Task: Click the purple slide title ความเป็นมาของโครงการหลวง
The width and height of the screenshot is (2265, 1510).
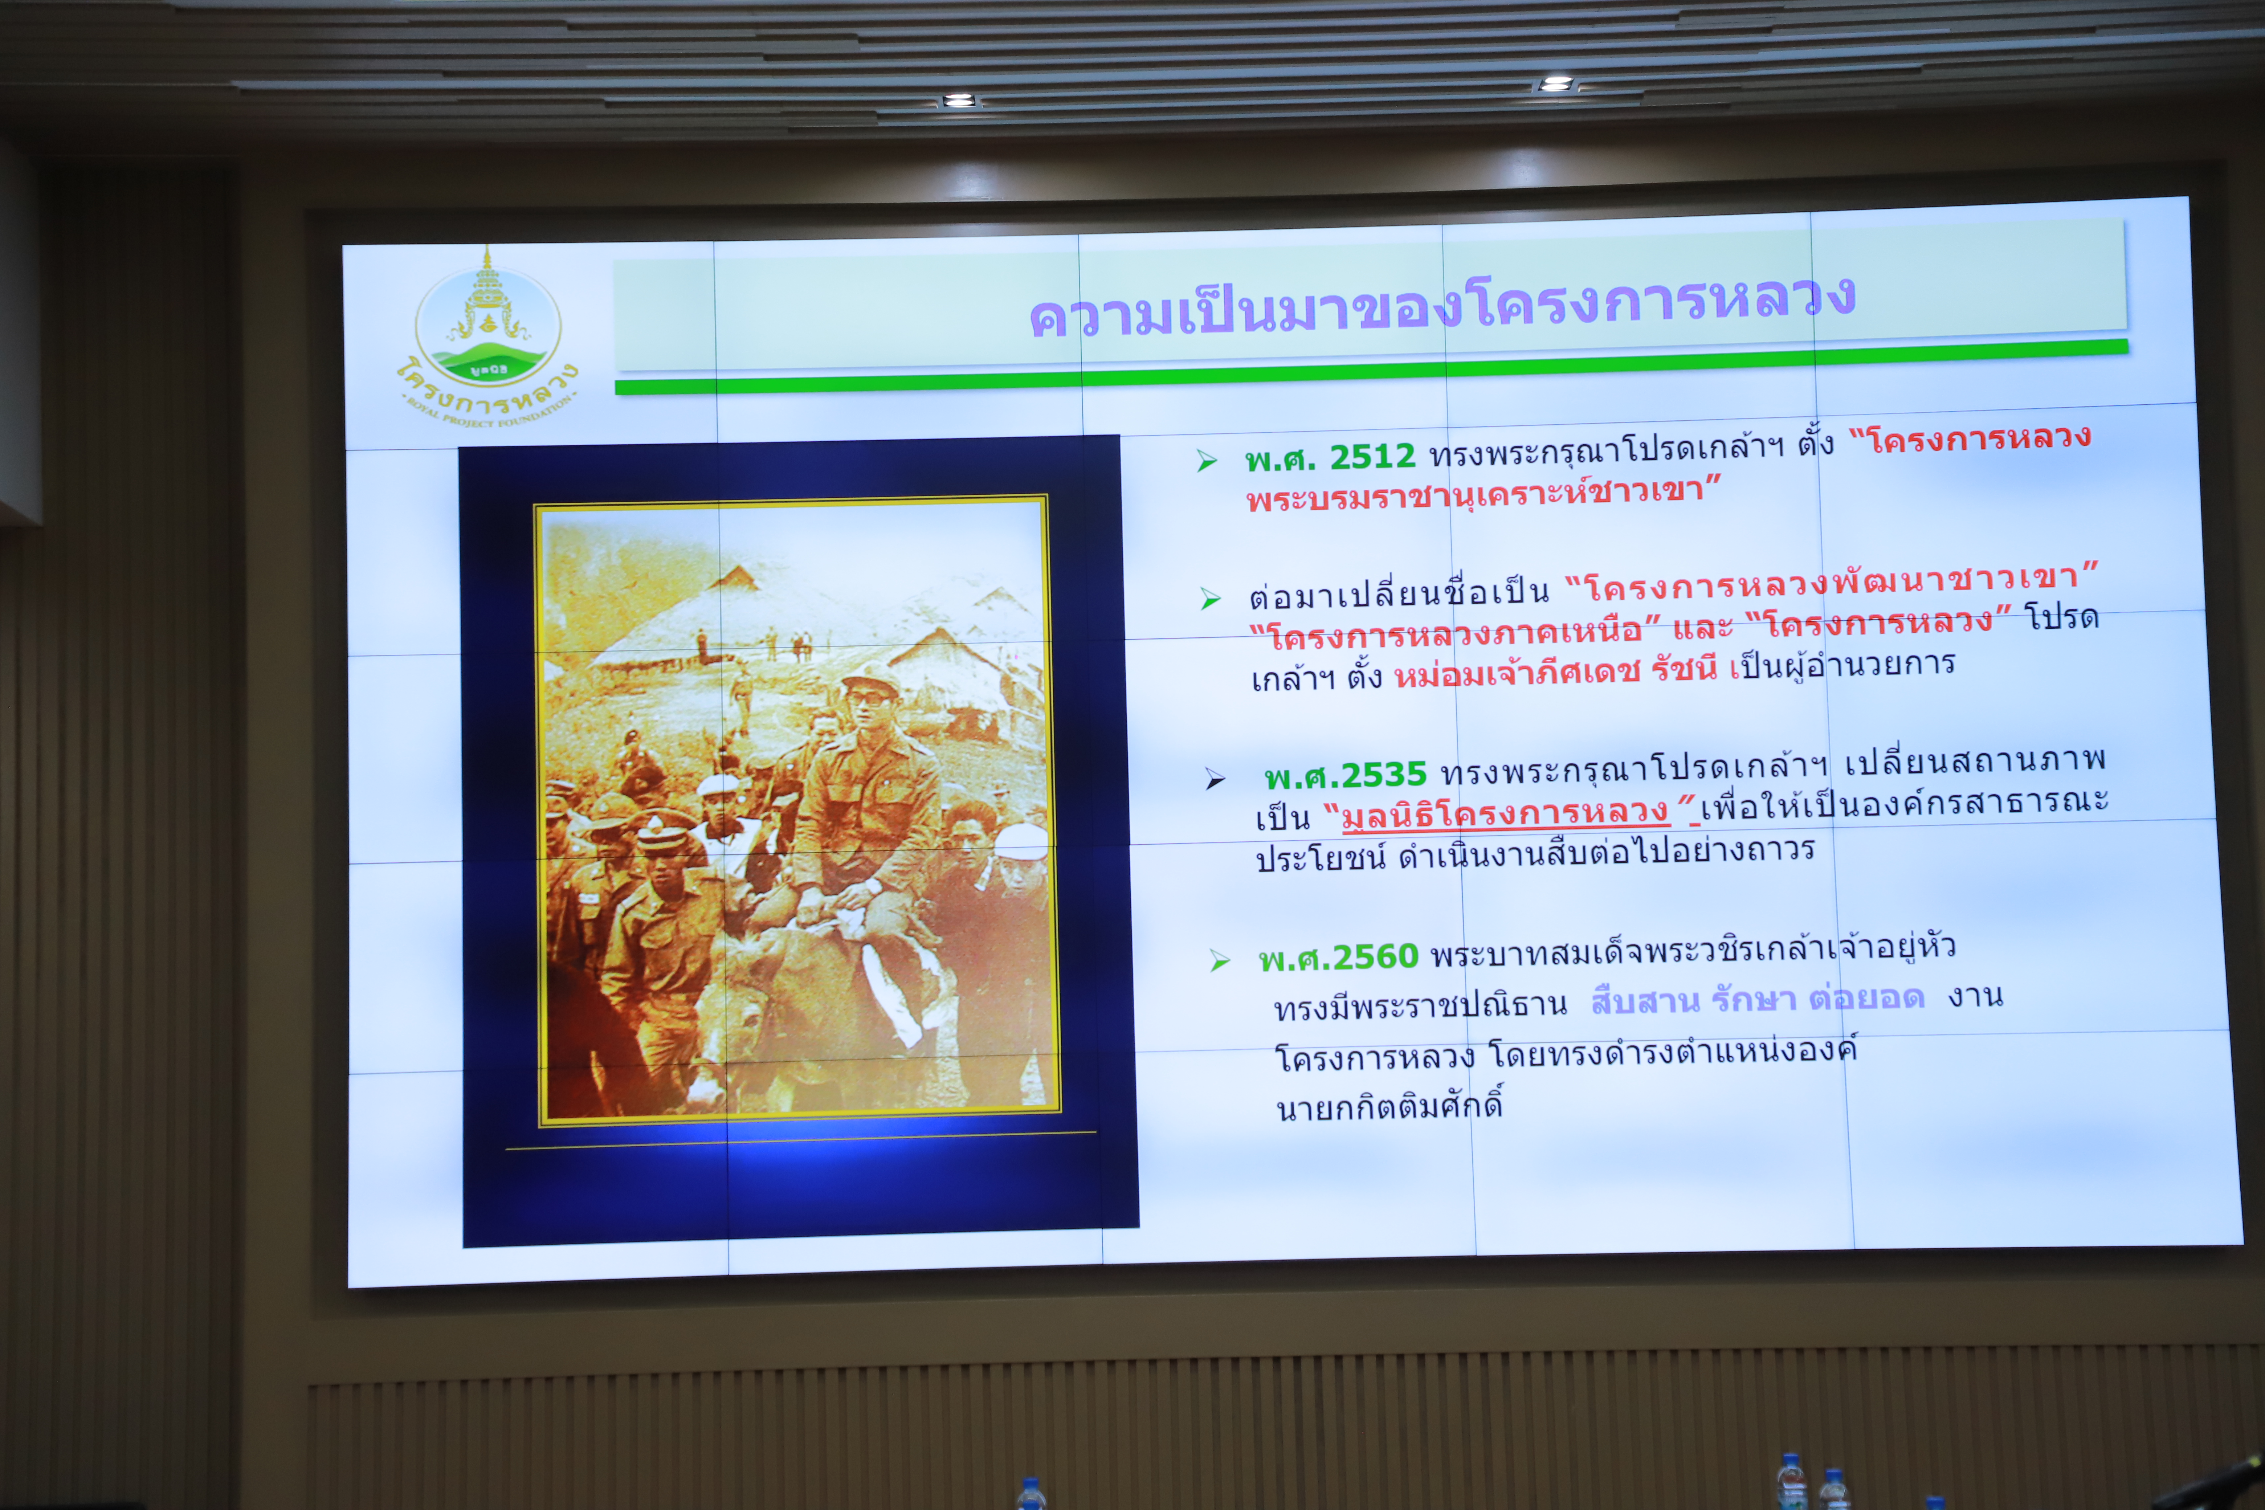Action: click(1442, 306)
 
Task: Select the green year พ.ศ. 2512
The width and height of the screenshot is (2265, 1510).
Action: click(1329, 457)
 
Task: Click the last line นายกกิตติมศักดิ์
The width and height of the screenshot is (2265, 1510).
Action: click(1389, 1106)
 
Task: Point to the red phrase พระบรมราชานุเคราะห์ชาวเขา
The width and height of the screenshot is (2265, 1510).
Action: click(1483, 494)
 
